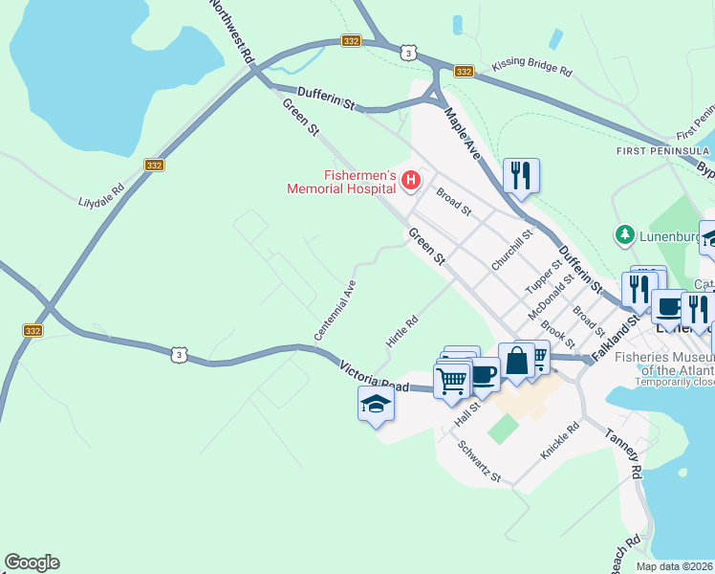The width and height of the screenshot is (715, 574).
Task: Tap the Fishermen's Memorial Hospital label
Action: [x=342, y=182]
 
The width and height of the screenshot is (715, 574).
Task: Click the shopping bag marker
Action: [x=516, y=362]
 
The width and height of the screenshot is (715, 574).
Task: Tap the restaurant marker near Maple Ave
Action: [x=521, y=176]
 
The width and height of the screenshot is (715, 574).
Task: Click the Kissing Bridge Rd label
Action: [x=531, y=69]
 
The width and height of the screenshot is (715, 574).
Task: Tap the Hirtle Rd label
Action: [x=402, y=331]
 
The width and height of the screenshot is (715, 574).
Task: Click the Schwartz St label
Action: [x=479, y=460]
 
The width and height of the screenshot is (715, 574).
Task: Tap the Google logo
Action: [x=32, y=563]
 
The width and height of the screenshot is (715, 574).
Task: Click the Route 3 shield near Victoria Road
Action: [x=179, y=355]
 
